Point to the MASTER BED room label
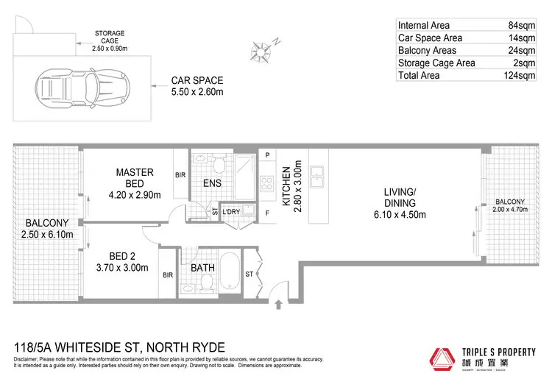(134, 178)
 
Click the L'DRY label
(231, 212)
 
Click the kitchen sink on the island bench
(318, 177)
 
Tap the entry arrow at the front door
(278, 303)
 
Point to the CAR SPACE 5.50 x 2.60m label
(197, 85)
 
